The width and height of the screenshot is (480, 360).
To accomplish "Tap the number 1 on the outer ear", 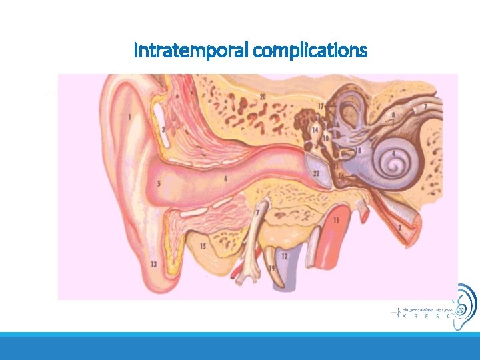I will (129, 117).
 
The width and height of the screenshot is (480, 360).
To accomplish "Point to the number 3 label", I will (163, 129).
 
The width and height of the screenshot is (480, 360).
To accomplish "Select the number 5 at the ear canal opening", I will (159, 183).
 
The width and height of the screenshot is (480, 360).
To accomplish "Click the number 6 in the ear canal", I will (226, 178).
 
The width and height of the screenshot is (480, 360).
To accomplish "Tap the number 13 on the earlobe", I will (154, 265).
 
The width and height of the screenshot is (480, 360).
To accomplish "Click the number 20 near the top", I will (263, 97).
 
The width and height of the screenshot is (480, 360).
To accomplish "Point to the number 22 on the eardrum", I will (316, 173).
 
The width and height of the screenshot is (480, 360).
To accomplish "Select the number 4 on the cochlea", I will (394, 153).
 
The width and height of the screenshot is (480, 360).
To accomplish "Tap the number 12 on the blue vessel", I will (285, 255).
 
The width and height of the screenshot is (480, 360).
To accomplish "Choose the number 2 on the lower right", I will (399, 228).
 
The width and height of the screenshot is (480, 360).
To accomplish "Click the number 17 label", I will (321, 106).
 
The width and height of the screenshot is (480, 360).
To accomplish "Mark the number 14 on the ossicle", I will (315, 129).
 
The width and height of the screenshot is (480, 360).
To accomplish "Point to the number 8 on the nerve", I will (393, 115).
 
